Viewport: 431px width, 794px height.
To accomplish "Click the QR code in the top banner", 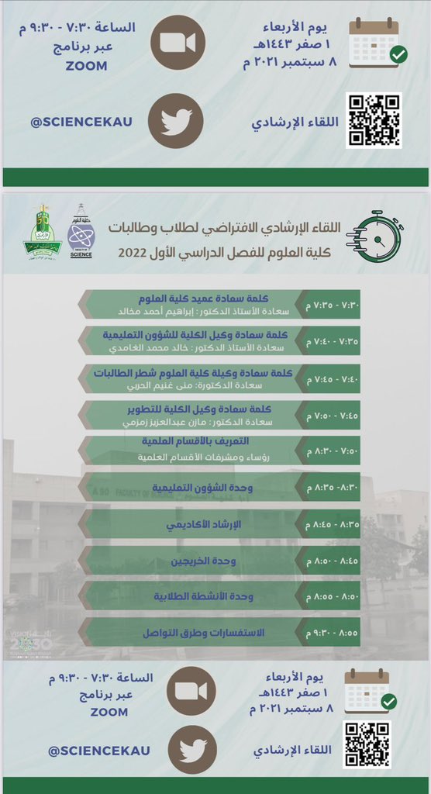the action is (374, 120).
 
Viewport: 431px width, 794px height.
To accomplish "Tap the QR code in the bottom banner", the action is (367, 744).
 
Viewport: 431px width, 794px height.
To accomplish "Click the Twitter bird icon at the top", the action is (176, 122).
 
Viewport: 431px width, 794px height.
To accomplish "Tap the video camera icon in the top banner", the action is (177, 43).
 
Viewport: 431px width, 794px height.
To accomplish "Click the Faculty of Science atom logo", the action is (81, 231).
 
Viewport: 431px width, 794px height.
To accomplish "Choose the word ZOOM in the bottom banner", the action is (109, 712).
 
